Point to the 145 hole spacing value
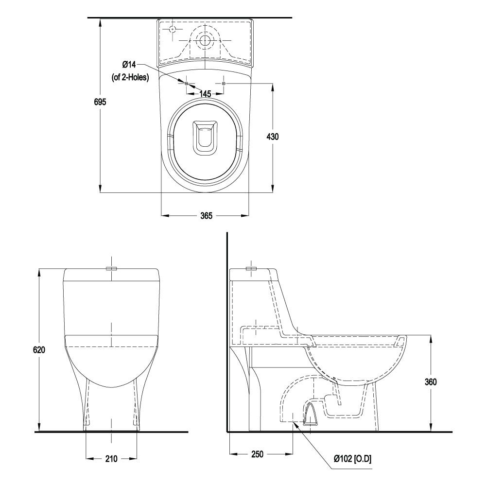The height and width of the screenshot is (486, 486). pyautogui.click(x=205, y=94)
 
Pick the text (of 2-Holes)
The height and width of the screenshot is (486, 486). pyautogui.click(x=130, y=77)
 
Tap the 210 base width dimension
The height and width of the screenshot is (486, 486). pyautogui.click(x=111, y=458)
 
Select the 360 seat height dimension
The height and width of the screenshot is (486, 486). pyautogui.click(x=430, y=382)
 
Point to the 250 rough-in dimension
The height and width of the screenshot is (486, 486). pyautogui.click(x=257, y=454)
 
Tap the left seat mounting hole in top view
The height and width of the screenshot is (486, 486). pyautogui.click(x=187, y=84)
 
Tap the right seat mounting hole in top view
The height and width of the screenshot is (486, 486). pyautogui.click(x=224, y=84)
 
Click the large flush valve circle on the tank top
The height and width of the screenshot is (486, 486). pyautogui.click(x=205, y=40)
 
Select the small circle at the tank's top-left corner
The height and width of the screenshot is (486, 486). pyautogui.click(x=172, y=29)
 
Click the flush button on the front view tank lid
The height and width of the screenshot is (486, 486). pyautogui.click(x=112, y=268)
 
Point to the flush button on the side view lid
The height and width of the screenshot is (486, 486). pyautogui.click(x=251, y=268)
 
